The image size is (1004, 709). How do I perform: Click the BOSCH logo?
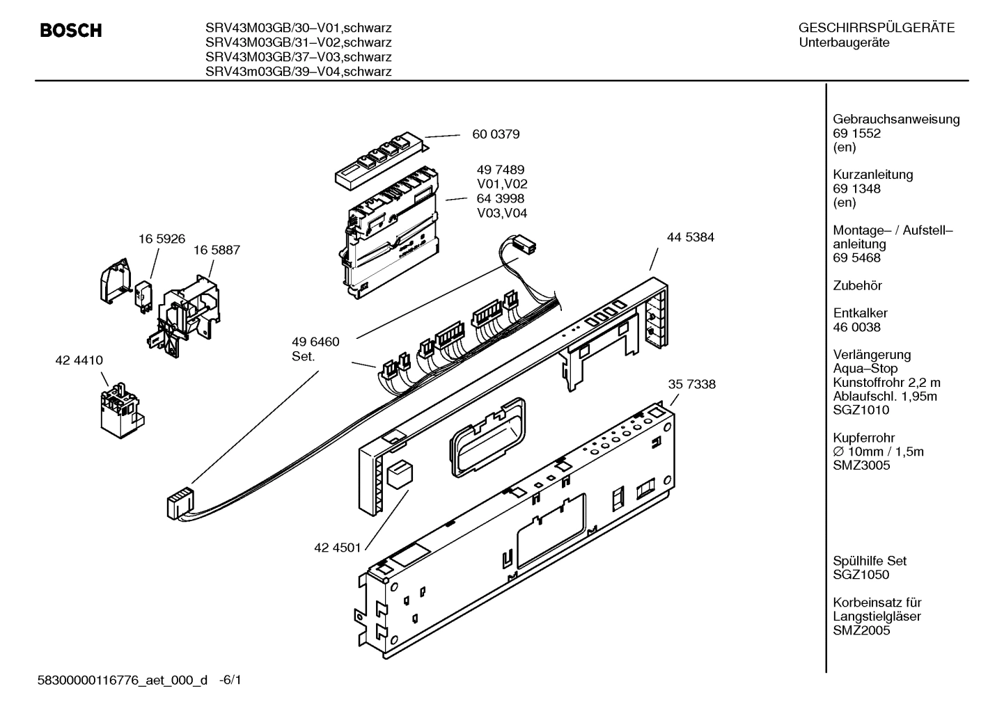70,31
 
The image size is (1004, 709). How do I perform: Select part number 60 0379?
496,134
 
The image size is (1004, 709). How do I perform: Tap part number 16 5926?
162,239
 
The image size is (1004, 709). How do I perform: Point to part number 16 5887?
217,250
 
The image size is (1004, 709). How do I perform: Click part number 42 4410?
79,360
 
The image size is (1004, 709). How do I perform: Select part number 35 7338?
691,384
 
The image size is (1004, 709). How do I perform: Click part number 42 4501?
338,548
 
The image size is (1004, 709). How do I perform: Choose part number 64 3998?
501,199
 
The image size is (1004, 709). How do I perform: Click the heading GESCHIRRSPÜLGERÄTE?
876,29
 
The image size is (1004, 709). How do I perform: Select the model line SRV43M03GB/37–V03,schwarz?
298,57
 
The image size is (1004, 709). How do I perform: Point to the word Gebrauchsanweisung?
896,119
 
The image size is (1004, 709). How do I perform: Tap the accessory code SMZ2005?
861,630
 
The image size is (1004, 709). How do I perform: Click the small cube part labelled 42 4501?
400,473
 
